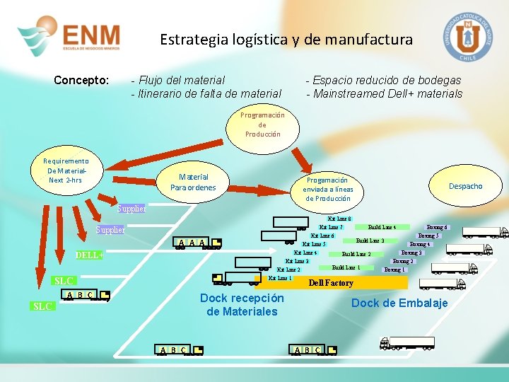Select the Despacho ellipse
465,186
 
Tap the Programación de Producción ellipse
262,125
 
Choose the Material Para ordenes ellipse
193,182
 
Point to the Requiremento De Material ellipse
65,170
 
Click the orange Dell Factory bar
332,283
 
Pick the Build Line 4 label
382,227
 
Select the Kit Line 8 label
340,219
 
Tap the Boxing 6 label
438,227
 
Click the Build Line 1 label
346,267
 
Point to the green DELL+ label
90,255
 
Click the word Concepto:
81,80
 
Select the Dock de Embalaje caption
399,303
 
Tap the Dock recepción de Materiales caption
242,305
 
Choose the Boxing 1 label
394,270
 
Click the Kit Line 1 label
281,277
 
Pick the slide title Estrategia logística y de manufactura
286,40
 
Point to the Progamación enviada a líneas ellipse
327,190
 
